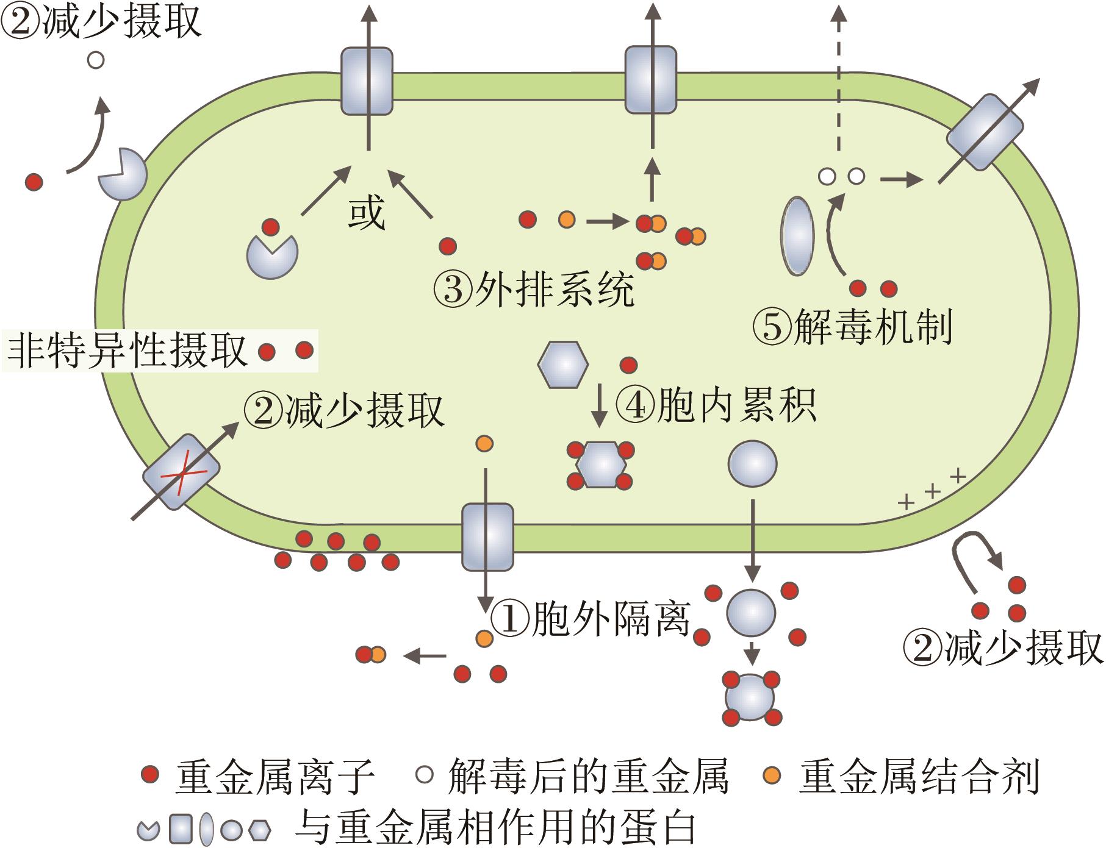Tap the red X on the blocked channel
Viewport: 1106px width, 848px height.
[x=181, y=472]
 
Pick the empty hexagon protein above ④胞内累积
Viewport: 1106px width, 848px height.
[x=562, y=364]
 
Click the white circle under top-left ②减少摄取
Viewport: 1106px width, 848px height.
[x=96, y=60]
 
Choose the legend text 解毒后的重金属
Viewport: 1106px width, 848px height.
[x=588, y=776]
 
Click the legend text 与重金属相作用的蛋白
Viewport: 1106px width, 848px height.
[x=495, y=827]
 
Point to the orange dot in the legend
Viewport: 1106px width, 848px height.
[x=772, y=775]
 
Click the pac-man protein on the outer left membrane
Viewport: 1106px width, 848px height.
[x=123, y=174]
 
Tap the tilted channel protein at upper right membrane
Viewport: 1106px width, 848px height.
[x=985, y=132]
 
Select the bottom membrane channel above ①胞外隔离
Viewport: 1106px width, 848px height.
[x=487, y=536]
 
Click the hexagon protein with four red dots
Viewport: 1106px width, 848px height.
[x=601, y=465]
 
